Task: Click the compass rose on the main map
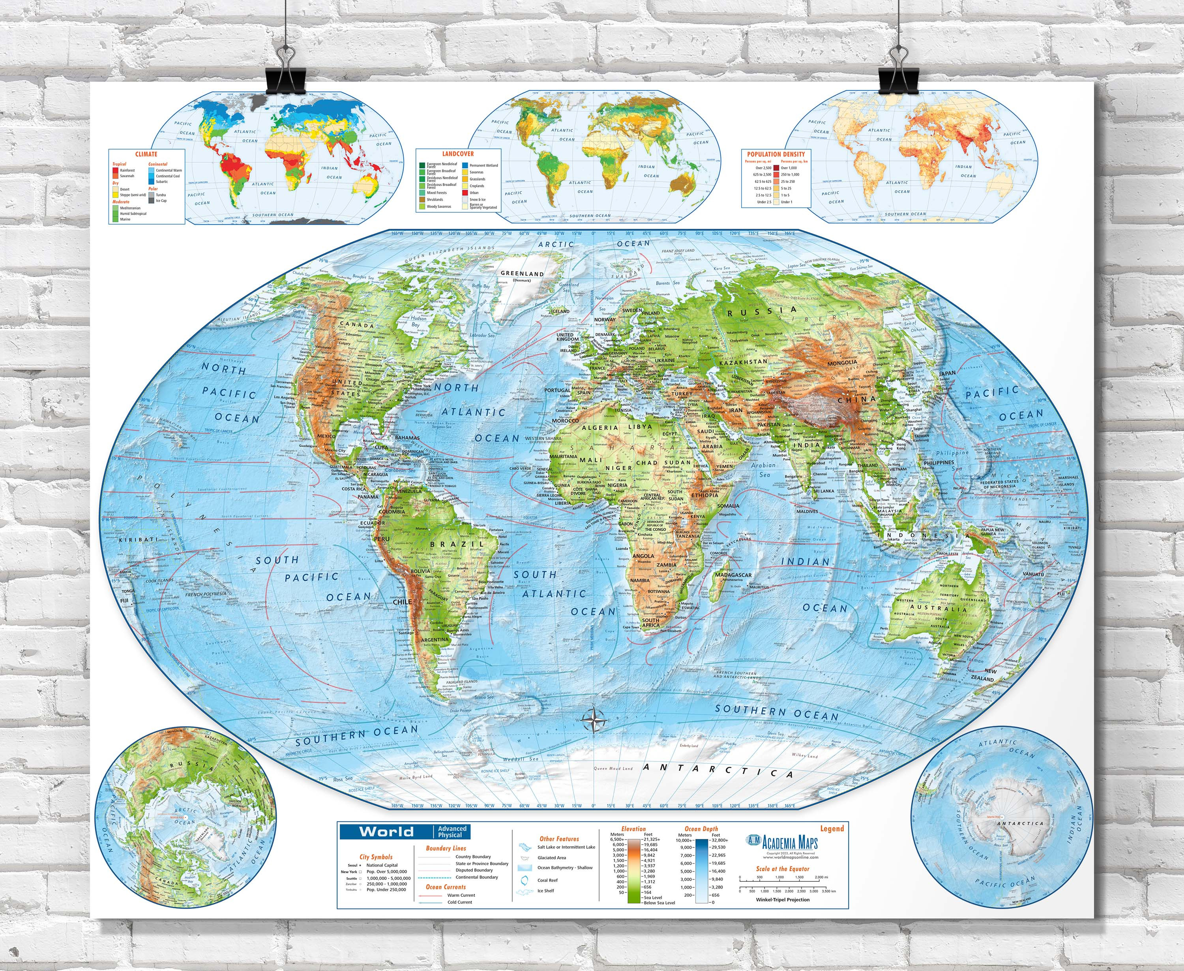click(594, 720)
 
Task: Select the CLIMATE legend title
click(146, 154)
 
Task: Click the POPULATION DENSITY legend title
click(776, 154)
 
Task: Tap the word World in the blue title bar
click(386, 832)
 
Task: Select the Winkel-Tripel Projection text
click(782, 900)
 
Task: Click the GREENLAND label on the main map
click(522, 274)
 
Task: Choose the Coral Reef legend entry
click(547, 880)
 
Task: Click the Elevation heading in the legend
click(633, 829)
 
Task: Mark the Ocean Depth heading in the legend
click(701, 829)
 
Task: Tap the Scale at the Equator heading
click(783, 869)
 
